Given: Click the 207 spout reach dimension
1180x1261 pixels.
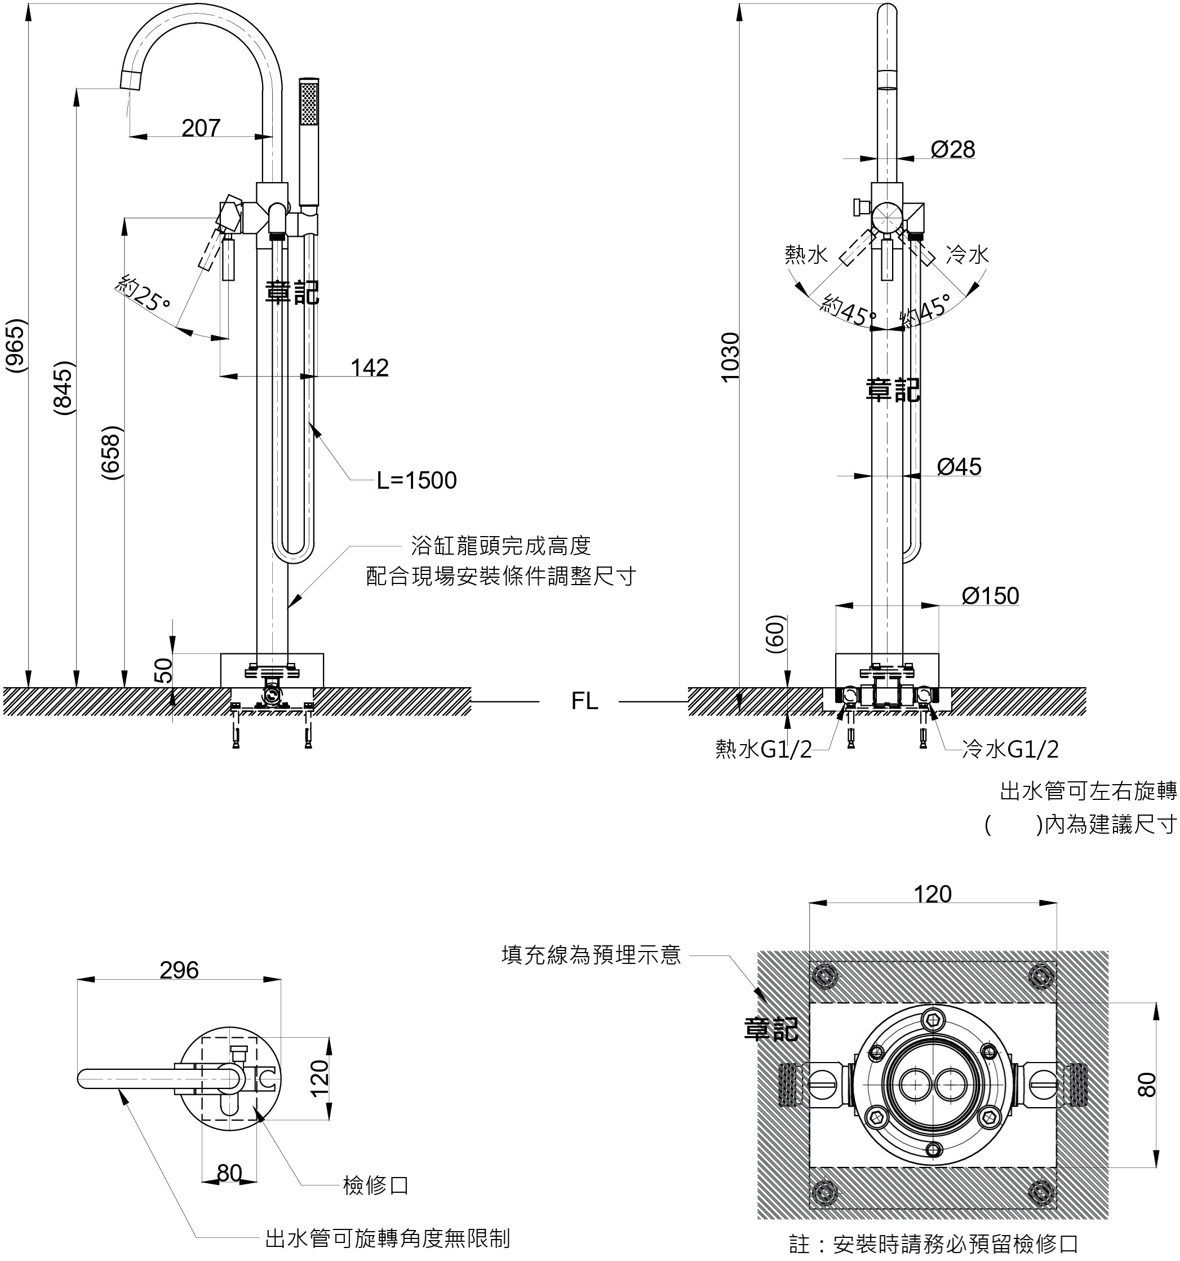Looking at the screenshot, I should (x=201, y=128).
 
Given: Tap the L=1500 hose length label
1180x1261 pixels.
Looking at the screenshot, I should (x=416, y=481).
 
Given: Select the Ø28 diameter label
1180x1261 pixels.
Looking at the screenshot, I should (x=952, y=150).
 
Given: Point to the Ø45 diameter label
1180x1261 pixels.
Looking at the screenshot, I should (x=959, y=467).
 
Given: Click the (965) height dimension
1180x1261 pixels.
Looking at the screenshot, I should (x=16, y=346).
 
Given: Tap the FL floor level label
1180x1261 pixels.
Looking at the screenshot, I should (x=584, y=701).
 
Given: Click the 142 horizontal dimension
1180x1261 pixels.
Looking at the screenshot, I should (x=370, y=368).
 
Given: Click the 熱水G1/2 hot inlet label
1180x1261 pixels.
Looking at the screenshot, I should (x=764, y=750).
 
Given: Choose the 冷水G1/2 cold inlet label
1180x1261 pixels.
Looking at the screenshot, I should (x=1010, y=749).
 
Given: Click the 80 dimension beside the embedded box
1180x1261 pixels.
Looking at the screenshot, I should (x=1146, y=1085).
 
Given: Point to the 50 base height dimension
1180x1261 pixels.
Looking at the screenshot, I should (x=163, y=670).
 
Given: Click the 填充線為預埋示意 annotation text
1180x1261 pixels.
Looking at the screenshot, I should (x=591, y=955).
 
